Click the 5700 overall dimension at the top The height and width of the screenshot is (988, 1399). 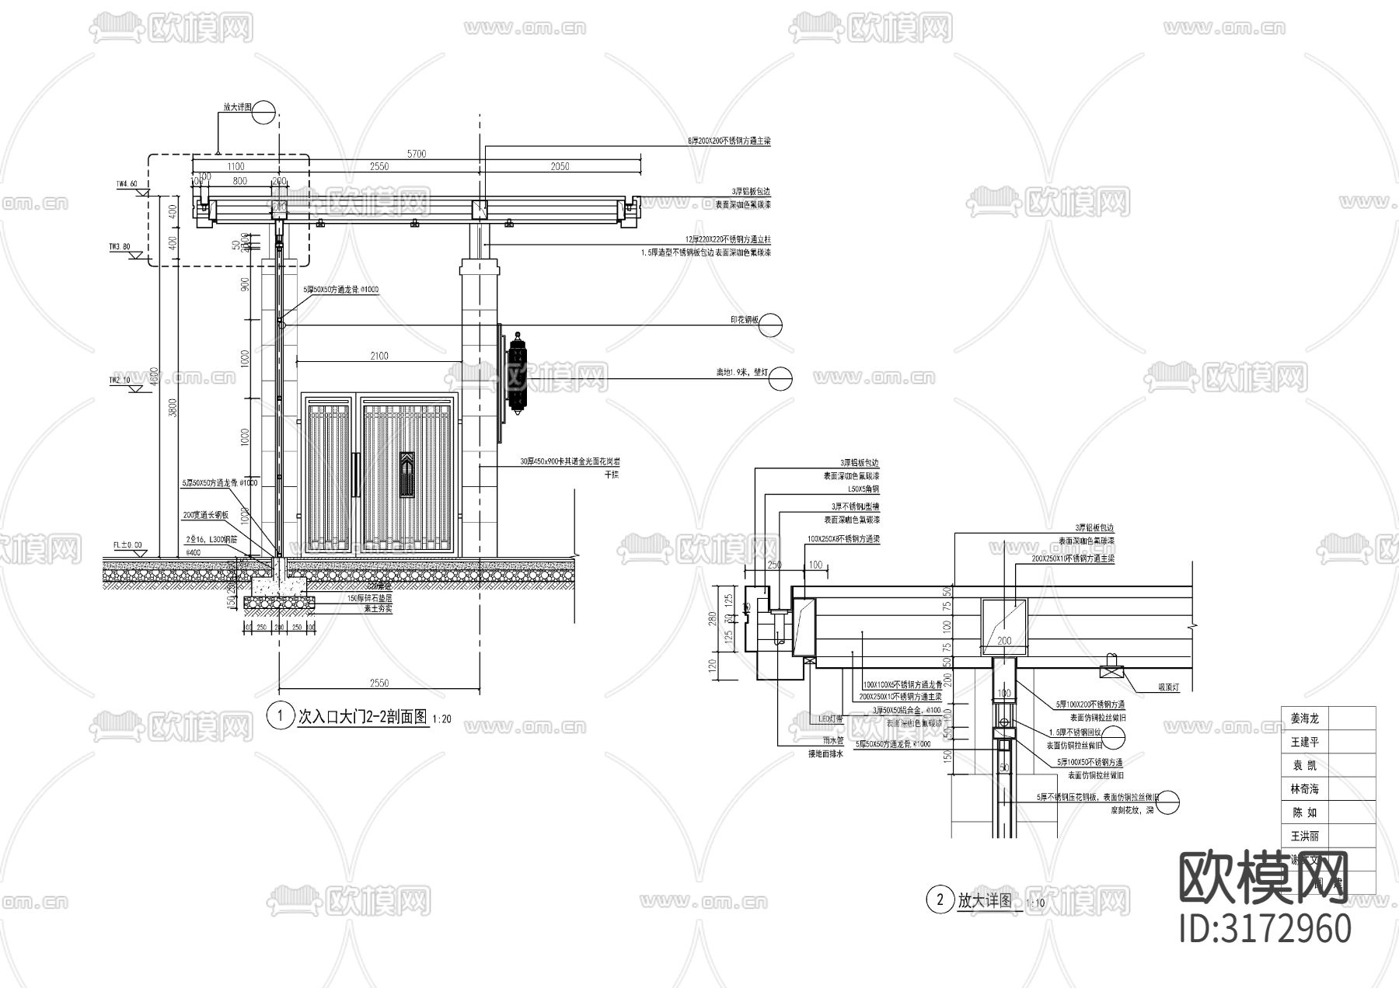[417, 154]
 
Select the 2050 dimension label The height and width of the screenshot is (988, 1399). [560, 166]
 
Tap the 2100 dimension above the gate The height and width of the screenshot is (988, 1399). [379, 357]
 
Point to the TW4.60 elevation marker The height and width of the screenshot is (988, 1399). [127, 185]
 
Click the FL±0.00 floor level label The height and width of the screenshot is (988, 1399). [127, 546]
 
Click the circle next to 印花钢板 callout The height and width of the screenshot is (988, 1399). [771, 325]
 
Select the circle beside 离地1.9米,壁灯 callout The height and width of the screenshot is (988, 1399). [781, 378]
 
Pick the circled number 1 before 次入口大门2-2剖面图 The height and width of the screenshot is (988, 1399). [278, 715]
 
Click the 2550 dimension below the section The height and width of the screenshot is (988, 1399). [379, 683]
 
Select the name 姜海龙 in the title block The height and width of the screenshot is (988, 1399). [1305, 719]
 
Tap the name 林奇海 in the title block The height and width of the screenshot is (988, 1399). [1305, 789]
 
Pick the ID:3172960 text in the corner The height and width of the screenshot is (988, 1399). [1265, 929]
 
